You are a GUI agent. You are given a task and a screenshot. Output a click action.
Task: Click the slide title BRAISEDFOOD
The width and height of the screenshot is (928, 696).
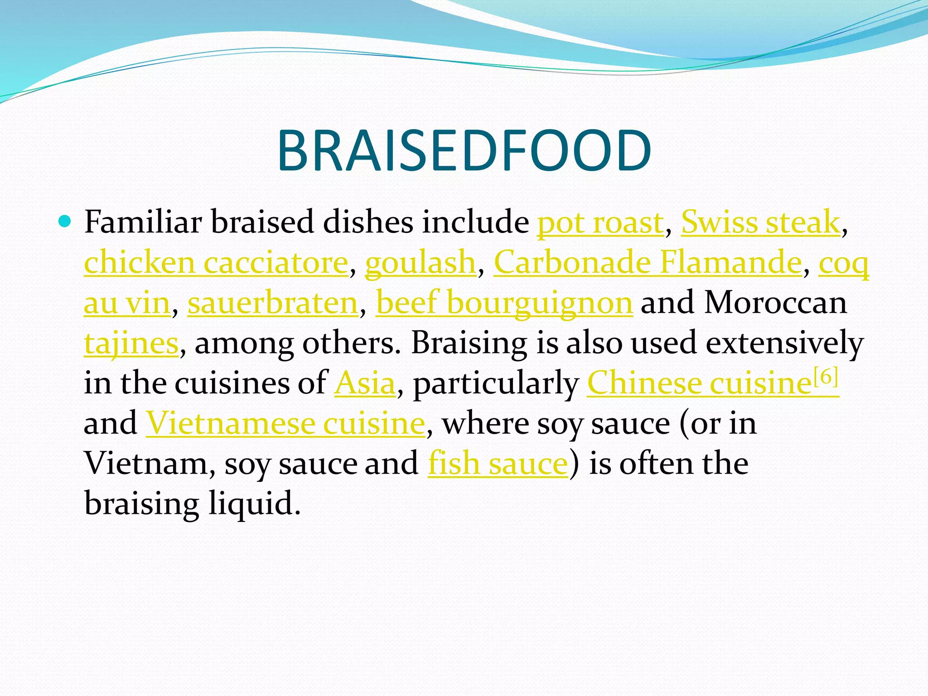pyautogui.click(x=464, y=151)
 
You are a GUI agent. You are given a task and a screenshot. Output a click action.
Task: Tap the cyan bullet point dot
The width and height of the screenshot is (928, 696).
pyautogui.click(x=65, y=222)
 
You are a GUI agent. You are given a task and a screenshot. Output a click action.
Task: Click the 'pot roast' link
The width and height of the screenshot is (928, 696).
pyautogui.click(x=600, y=222)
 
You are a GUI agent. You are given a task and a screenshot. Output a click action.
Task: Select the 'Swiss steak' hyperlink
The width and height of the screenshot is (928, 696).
pyautogui.click(x=760, y=222)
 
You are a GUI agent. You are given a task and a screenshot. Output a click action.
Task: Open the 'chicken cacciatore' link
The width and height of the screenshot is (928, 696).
pyautogui.click(x=216, y=263)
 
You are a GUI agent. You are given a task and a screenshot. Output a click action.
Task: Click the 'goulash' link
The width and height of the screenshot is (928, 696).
pyautogui.click(x=420, y=263)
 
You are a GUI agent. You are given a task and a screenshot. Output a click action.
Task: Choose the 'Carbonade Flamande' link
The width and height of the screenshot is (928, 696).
pyautogui.click(x=648, y=263)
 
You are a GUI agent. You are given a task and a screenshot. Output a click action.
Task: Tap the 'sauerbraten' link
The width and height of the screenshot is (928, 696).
pyautogui.click(x=273, y=303)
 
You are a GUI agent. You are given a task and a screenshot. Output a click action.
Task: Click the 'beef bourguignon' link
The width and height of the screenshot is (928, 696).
pyautogui.click(x=504, y=303)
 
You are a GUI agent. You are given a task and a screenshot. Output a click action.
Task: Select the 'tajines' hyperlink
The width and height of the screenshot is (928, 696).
pyautogui.click(x=131, y=343)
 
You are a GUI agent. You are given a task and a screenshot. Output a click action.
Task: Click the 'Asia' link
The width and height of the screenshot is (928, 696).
pyautogui.click(x=365, y=383)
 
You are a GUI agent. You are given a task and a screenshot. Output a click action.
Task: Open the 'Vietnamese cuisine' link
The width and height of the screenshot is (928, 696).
pyautogui.click(x=285, y=423)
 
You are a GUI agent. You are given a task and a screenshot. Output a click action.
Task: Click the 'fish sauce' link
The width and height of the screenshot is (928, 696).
pyautogui.click(x=498, y=463)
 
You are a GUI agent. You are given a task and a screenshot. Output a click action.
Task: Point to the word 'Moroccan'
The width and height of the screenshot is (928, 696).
pyautogui.click(x=775, y=303)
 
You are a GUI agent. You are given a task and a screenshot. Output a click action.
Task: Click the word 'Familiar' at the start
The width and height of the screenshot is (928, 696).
pyautogui.click(x=143, y=222)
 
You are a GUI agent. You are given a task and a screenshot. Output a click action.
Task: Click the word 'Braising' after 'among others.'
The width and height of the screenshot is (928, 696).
pyautogui.click(x=469, y=343)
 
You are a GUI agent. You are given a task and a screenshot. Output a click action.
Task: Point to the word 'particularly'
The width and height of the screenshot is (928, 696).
pyautogui.click(x=496, y=383)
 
